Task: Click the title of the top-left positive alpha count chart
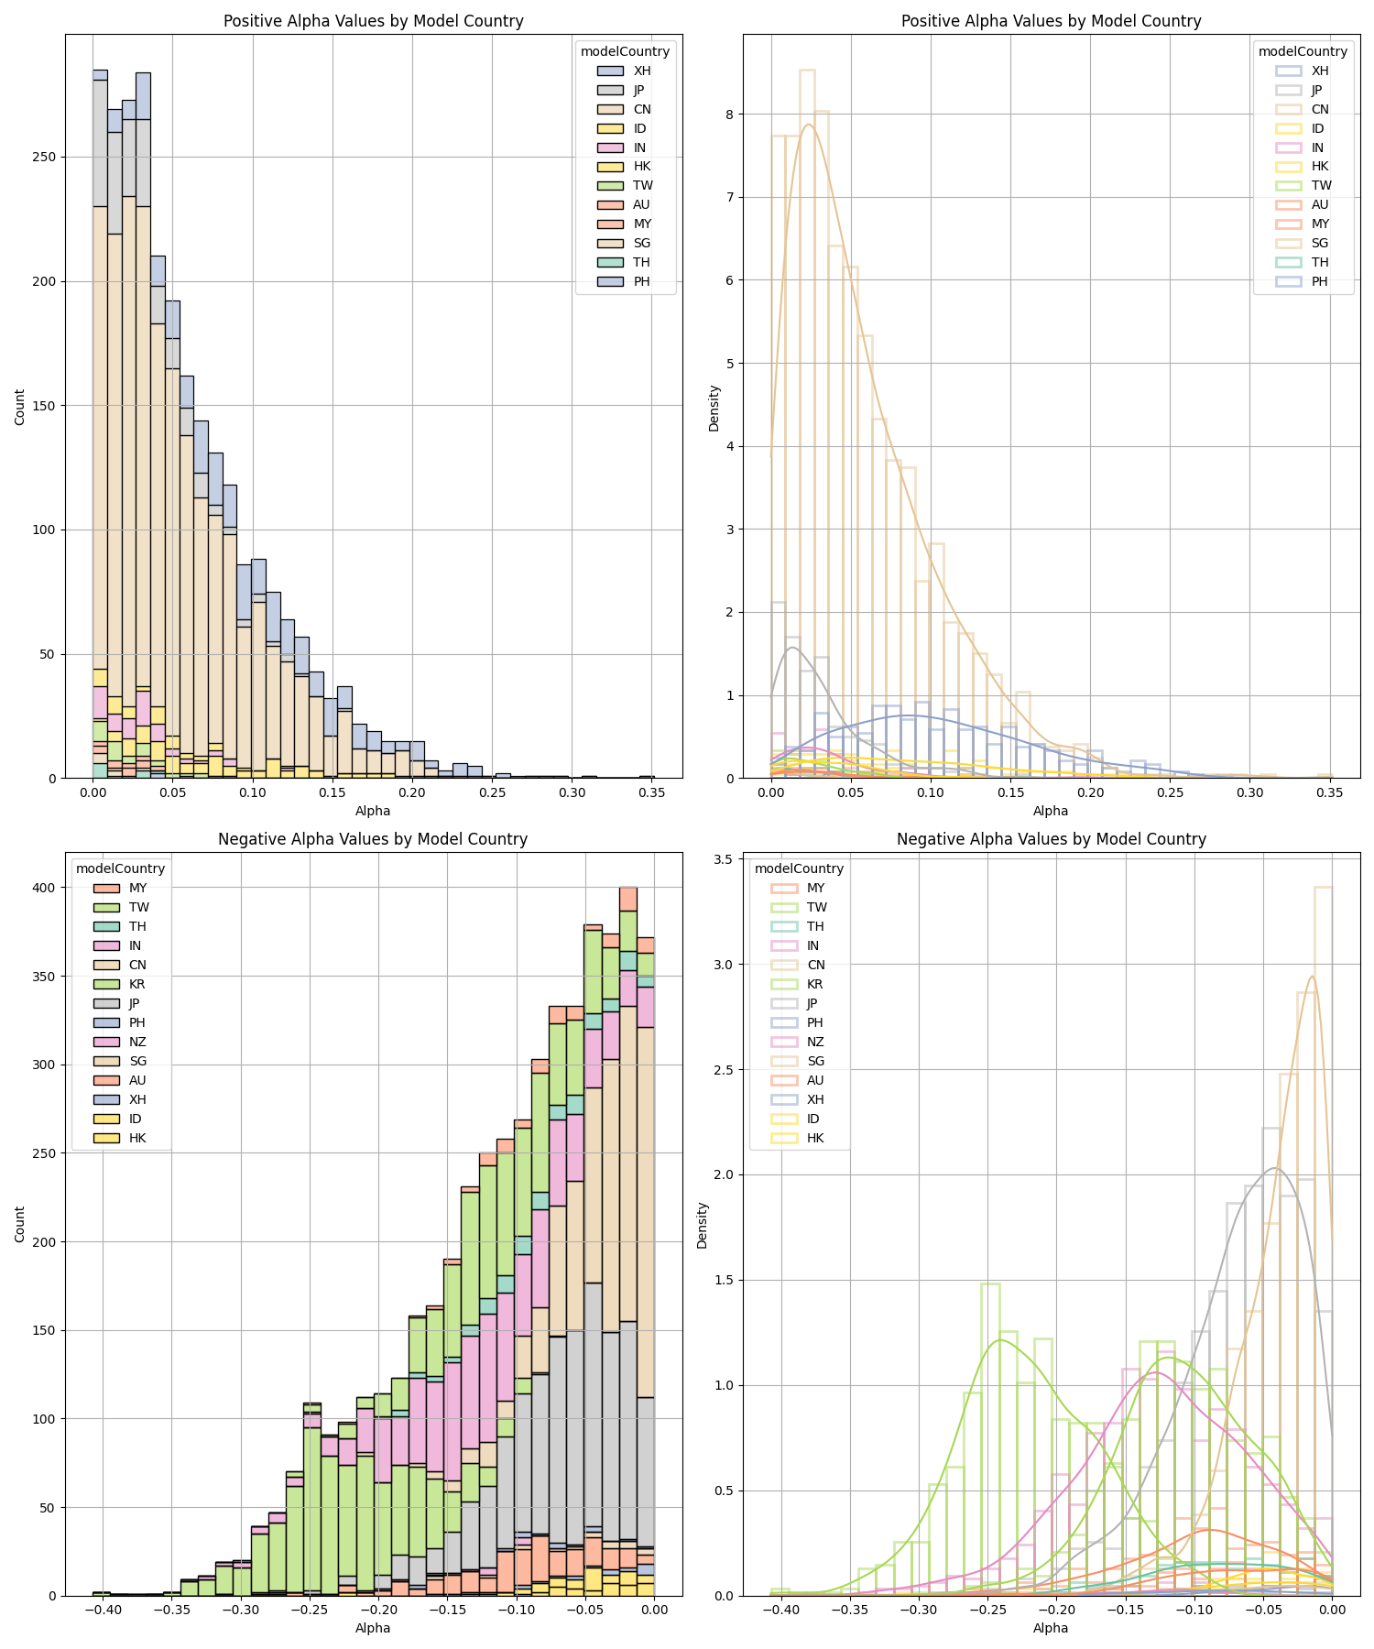(373, 21)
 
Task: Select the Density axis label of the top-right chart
(714, 408)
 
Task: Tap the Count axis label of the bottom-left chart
(20, 1224)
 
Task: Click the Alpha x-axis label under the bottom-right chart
(1051, 1628)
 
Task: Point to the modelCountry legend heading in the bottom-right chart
(799, 868)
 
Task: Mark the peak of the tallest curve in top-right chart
(809, 125)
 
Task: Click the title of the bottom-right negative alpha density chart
(1051, 839)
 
